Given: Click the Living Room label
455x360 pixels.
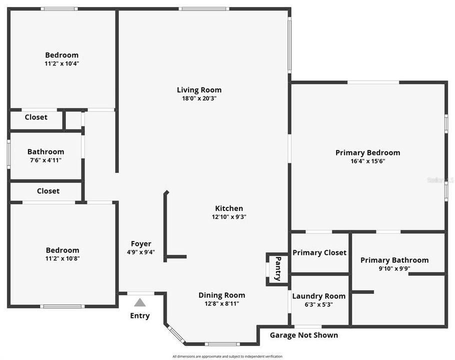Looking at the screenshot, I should click(199, 90).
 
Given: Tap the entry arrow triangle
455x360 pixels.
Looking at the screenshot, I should click(140, 302).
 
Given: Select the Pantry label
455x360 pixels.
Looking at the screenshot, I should click(278, 268).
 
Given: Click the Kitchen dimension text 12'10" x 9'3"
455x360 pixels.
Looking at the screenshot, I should click(229, 217).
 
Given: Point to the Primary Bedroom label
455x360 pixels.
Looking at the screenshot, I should click(367, 152).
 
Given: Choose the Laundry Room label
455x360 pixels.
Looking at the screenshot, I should click(318, 296).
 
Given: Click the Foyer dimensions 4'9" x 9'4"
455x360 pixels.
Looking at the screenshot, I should click(141, 252).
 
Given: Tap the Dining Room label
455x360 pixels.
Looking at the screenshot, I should click(221, 295).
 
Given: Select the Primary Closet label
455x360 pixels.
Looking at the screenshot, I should click(319, 252).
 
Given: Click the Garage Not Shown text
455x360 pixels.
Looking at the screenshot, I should click(304, 335).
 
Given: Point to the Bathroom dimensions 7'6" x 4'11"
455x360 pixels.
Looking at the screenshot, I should click(45, 160).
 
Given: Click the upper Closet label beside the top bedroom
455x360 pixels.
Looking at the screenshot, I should click(36, 117).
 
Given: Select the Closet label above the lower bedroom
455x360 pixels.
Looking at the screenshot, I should click(48, 191).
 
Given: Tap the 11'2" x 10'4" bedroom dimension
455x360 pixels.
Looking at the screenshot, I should click(62, 63).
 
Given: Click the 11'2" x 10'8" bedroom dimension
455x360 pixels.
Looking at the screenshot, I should click(62, 258).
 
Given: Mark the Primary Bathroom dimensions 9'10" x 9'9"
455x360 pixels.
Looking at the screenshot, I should click(394, 268).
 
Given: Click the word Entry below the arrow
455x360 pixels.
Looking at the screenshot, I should click(140, 315).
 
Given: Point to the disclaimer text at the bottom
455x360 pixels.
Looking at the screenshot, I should click(227, 356).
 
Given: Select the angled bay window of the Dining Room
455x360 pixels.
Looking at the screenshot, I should click(175, 334).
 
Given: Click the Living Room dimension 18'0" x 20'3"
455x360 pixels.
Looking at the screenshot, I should click(199, 98).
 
